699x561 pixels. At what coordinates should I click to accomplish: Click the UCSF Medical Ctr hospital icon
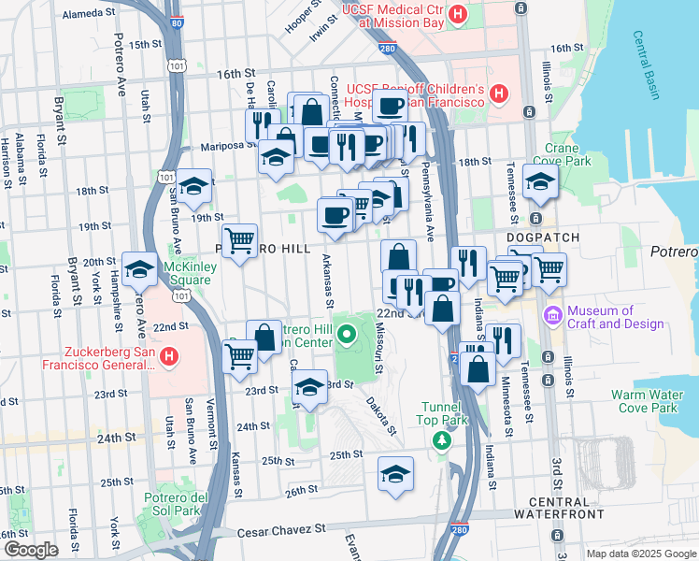(x=457, y=14)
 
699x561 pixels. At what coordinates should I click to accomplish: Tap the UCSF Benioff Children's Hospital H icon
(x=499, y=93)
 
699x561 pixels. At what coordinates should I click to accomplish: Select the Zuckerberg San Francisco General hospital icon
(x=169, y=356)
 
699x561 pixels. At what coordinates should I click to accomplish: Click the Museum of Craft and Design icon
(x=551, y=317)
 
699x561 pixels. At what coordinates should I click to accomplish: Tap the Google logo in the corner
(x=30, y=550)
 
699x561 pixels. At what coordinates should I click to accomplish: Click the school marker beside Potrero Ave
(x=140, y=269)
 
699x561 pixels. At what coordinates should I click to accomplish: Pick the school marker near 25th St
(x=396, y=473)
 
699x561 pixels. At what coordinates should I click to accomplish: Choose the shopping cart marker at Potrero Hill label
(x=240, y=240)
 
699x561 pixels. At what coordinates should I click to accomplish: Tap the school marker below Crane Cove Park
(x=540, y=183)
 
